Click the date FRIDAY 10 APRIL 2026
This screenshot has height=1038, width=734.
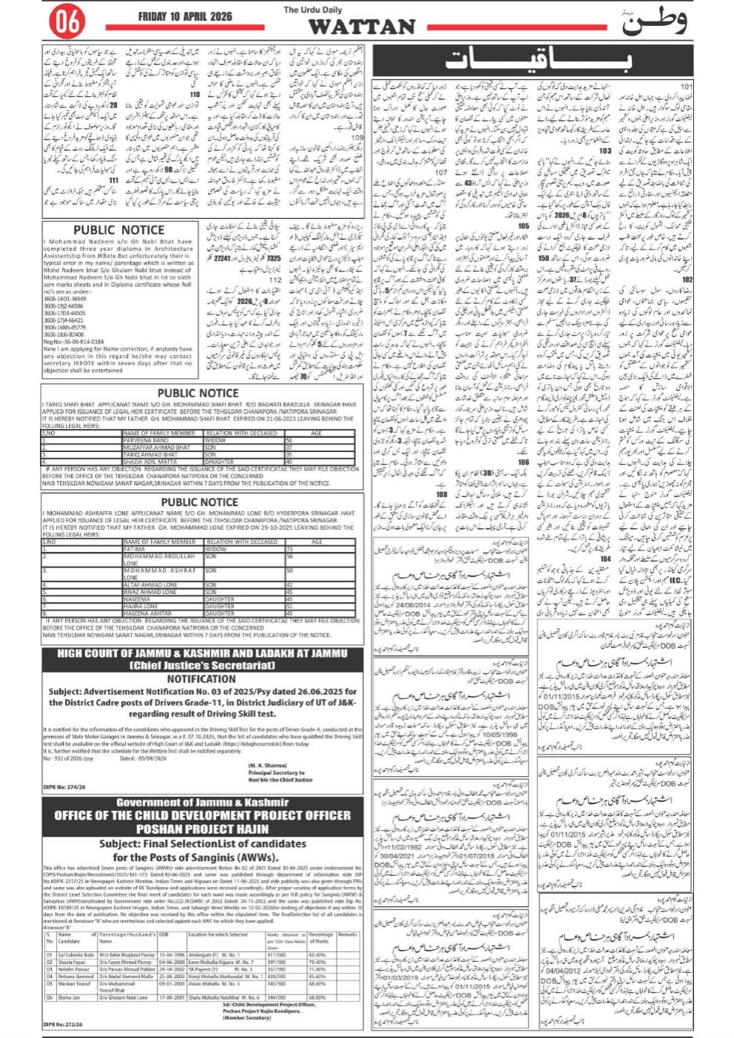point(185,16)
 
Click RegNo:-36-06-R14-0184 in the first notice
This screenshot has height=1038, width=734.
point(73,343)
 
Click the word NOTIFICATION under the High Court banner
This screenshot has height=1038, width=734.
point(201,678)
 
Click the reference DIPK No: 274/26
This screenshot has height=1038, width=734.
point(64,786)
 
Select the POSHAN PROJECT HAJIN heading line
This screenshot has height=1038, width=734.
point(201,829)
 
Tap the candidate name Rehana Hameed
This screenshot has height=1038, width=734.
point(75,977)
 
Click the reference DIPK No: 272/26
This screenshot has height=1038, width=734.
point(64,1023)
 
